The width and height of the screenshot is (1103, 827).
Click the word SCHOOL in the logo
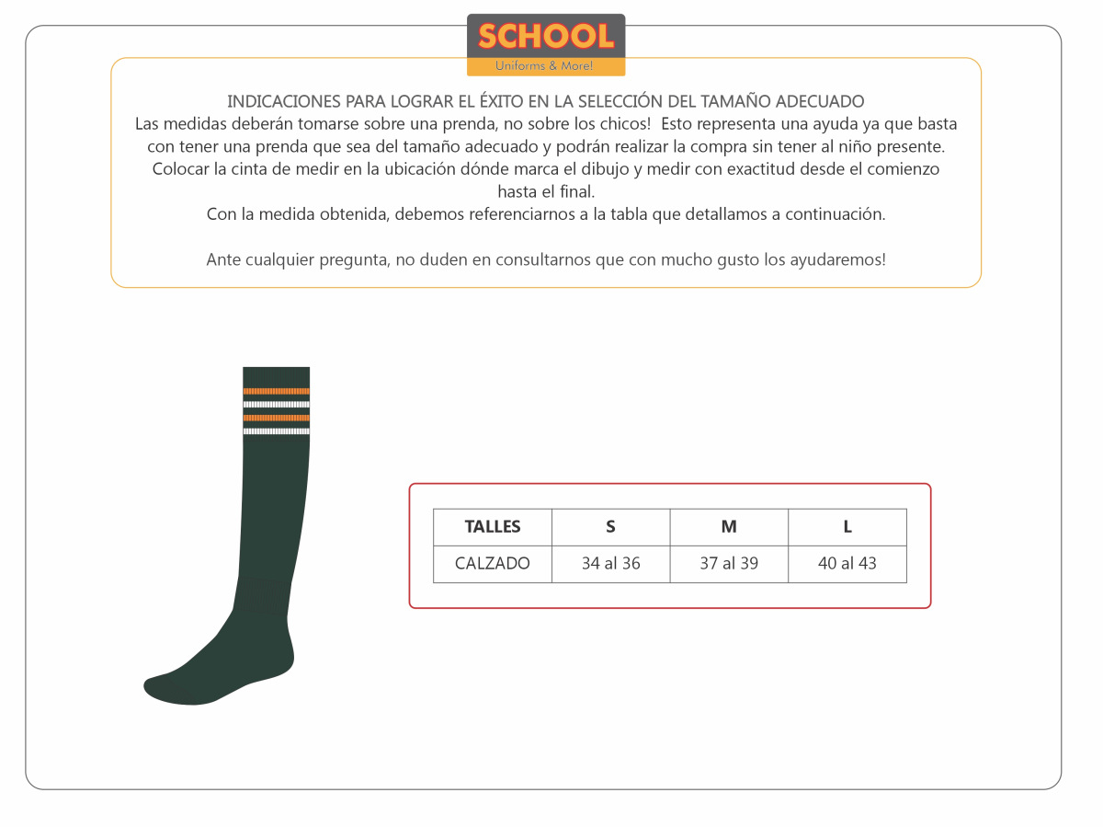545,37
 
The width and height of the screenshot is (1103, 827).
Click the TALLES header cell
493,527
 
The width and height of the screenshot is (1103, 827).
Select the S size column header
610,527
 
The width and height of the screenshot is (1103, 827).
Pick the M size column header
729,527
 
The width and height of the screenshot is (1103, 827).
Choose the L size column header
847,527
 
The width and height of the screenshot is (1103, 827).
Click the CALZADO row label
493,564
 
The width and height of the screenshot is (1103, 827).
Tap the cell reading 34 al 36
610,564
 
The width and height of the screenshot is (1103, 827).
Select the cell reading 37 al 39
729,564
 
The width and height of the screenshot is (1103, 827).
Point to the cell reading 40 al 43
847,564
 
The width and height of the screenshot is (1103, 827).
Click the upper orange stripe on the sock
276,391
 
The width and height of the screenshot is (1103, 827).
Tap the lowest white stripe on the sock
276,431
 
